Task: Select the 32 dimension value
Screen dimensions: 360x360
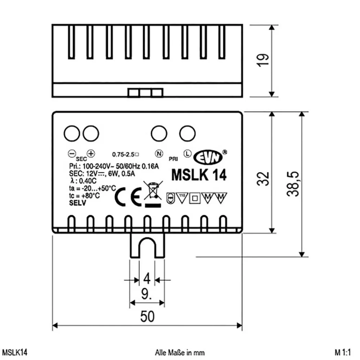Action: (x=265, y=178)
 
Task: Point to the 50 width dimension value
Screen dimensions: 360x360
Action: (x=148, y=316)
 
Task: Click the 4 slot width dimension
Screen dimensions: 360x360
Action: (x=146, y=279)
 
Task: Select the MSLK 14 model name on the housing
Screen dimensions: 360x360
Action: (x=199, y=175)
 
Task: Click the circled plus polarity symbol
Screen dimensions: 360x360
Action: (x=91, y=153)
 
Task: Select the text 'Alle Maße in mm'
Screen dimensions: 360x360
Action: (x=180, y=352)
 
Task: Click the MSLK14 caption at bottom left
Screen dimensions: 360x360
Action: (x=15, y=352)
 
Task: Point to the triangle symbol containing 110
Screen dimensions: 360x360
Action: (x=182, y=197)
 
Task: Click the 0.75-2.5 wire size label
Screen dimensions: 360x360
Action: (x=125, y=154)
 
